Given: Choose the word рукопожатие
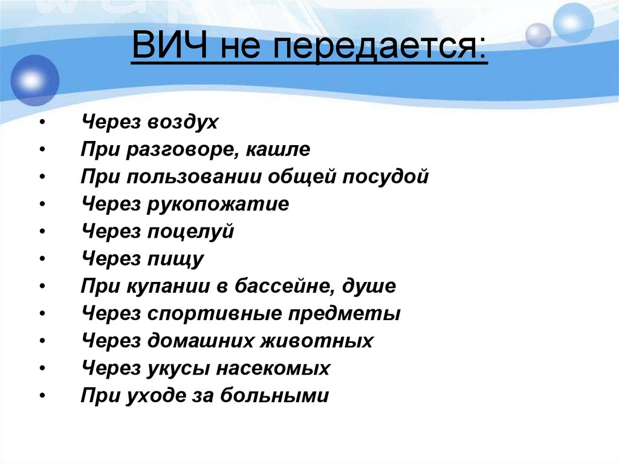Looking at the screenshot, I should (218, 204).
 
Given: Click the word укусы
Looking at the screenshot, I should (178, 368).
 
